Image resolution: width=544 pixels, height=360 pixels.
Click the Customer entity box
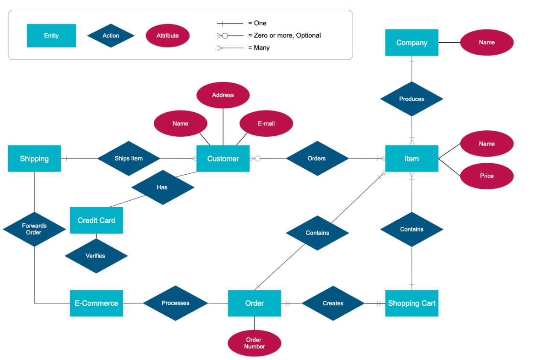(223, 158)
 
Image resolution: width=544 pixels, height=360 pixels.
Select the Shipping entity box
(34, 158)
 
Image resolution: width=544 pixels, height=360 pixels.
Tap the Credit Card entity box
(97, 220)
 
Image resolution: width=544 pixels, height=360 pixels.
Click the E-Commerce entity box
(97, 303)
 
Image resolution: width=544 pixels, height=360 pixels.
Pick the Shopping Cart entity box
(412, 303)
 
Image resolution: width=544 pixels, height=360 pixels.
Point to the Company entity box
(412, 43)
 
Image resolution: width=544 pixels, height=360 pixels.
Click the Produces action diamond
(412, 99)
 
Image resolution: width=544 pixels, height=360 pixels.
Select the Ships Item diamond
(129, 158)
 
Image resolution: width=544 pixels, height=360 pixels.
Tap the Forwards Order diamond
(34, 229)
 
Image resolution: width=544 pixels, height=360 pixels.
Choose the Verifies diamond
(96, 256)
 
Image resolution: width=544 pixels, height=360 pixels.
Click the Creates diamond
(333, 303)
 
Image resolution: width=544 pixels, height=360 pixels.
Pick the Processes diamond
(175, 303)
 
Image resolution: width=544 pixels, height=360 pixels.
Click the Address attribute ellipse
(223, 95)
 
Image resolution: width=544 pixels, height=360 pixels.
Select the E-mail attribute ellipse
(266, 123)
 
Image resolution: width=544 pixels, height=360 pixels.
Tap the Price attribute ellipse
(487, 176)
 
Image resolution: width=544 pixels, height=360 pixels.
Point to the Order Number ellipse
(254, 343)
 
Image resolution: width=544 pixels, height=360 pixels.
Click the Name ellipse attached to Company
(487, 43)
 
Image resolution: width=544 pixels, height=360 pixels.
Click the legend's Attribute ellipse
(167, 35)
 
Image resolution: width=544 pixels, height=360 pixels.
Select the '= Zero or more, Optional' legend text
(284, 35)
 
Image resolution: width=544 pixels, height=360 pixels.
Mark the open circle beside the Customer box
(257, 158)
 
